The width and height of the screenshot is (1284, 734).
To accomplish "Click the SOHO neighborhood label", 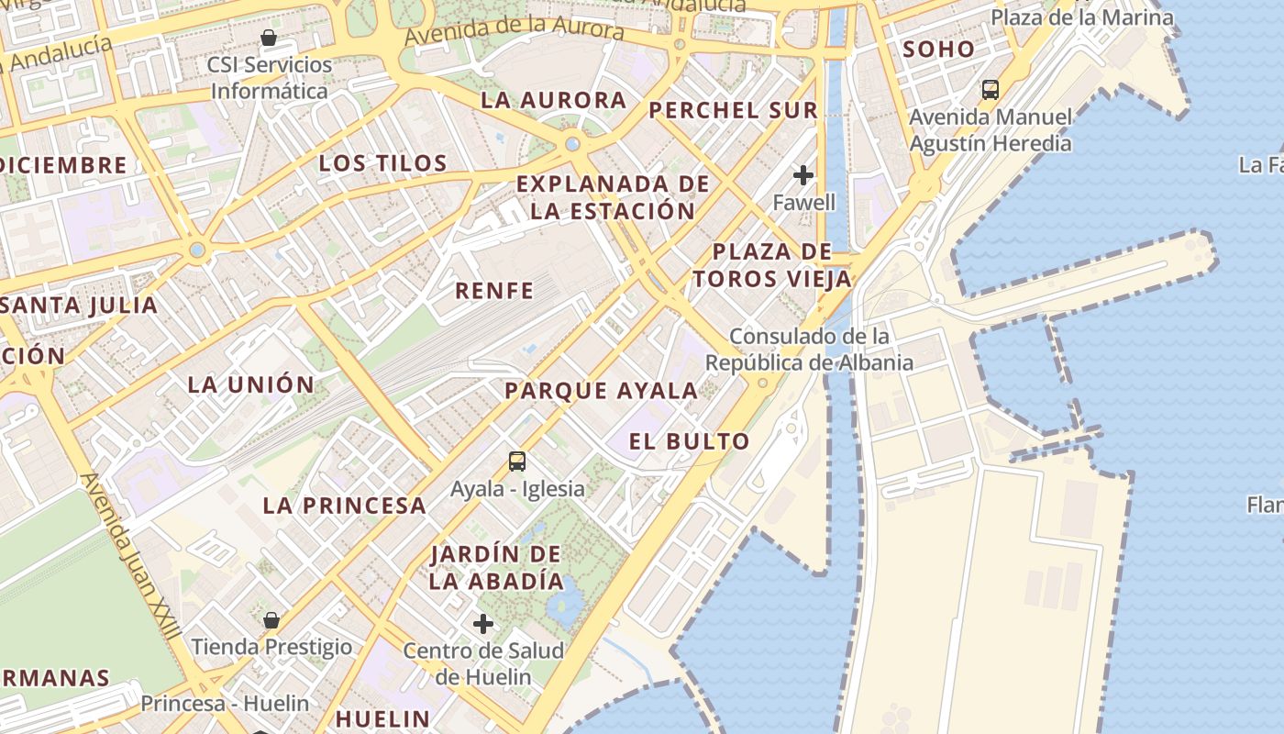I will coord(938,50).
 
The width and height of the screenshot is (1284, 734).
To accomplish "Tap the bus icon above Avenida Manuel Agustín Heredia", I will coord(990,90).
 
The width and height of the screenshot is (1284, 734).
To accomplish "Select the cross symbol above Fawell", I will coord(803,174).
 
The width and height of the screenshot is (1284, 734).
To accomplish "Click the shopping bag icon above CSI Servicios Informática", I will coord(269,38).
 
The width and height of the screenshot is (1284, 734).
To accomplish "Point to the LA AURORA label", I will coord(554,100).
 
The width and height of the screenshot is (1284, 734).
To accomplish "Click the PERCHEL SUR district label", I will coord(733,110).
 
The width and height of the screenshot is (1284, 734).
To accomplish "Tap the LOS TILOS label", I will coord(382,163).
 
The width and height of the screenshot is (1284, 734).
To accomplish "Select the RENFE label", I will coord(494,291).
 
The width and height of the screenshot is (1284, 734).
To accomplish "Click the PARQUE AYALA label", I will coord(602,391).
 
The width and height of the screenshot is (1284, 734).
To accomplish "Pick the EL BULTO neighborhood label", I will coord(689,441).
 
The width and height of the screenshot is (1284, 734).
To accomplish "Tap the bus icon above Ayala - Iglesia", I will coord(517,461).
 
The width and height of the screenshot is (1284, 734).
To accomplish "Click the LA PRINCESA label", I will coord(344,505).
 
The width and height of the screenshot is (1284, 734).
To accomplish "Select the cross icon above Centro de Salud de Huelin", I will coord(483,624).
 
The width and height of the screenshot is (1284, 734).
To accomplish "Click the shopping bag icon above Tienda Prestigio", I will coord(271,620).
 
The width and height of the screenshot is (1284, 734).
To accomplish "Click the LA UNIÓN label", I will coord(250,384).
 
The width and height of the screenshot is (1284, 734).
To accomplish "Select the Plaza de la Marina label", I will coord(1081,17).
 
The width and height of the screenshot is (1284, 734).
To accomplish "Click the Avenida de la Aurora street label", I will coord(514,30).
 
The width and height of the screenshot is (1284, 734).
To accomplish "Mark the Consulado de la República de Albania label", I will coord(809,350).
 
